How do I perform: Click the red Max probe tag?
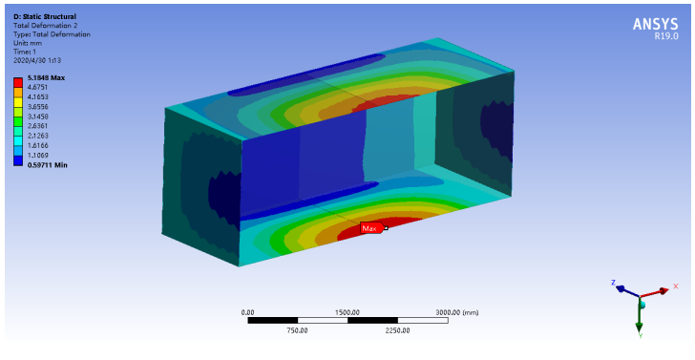tap(371, 228)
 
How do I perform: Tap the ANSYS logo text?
tap(655, 25)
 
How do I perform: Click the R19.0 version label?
tap(666, 37)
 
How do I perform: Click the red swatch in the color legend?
tap(18, 82)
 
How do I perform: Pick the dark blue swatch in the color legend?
tap(18, 161)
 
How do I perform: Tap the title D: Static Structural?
tap(45, 17)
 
